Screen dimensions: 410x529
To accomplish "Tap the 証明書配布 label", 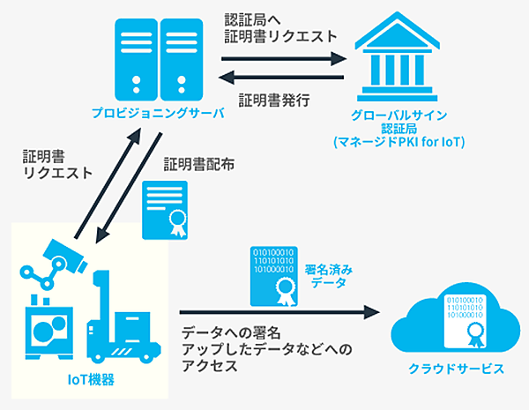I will (198, 165).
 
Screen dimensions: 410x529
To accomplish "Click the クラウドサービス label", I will (450, 369).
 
